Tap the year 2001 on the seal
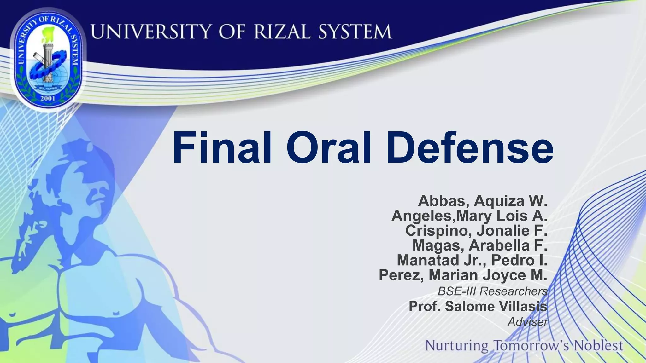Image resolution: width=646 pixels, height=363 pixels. (48, 98)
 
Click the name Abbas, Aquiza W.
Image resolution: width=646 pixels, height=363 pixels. (482, 201)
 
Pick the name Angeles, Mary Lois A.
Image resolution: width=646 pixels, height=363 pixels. (469, 216)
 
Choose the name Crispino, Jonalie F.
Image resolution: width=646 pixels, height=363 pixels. (476, 230)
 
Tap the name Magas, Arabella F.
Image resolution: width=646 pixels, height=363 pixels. (479, 245)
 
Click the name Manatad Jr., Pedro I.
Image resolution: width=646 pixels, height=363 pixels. (472, 260)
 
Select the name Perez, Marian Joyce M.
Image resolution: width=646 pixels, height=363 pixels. (463, 275)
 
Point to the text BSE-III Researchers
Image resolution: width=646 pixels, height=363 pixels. (492, 291)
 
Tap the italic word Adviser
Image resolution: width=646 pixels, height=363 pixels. (527, 322)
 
